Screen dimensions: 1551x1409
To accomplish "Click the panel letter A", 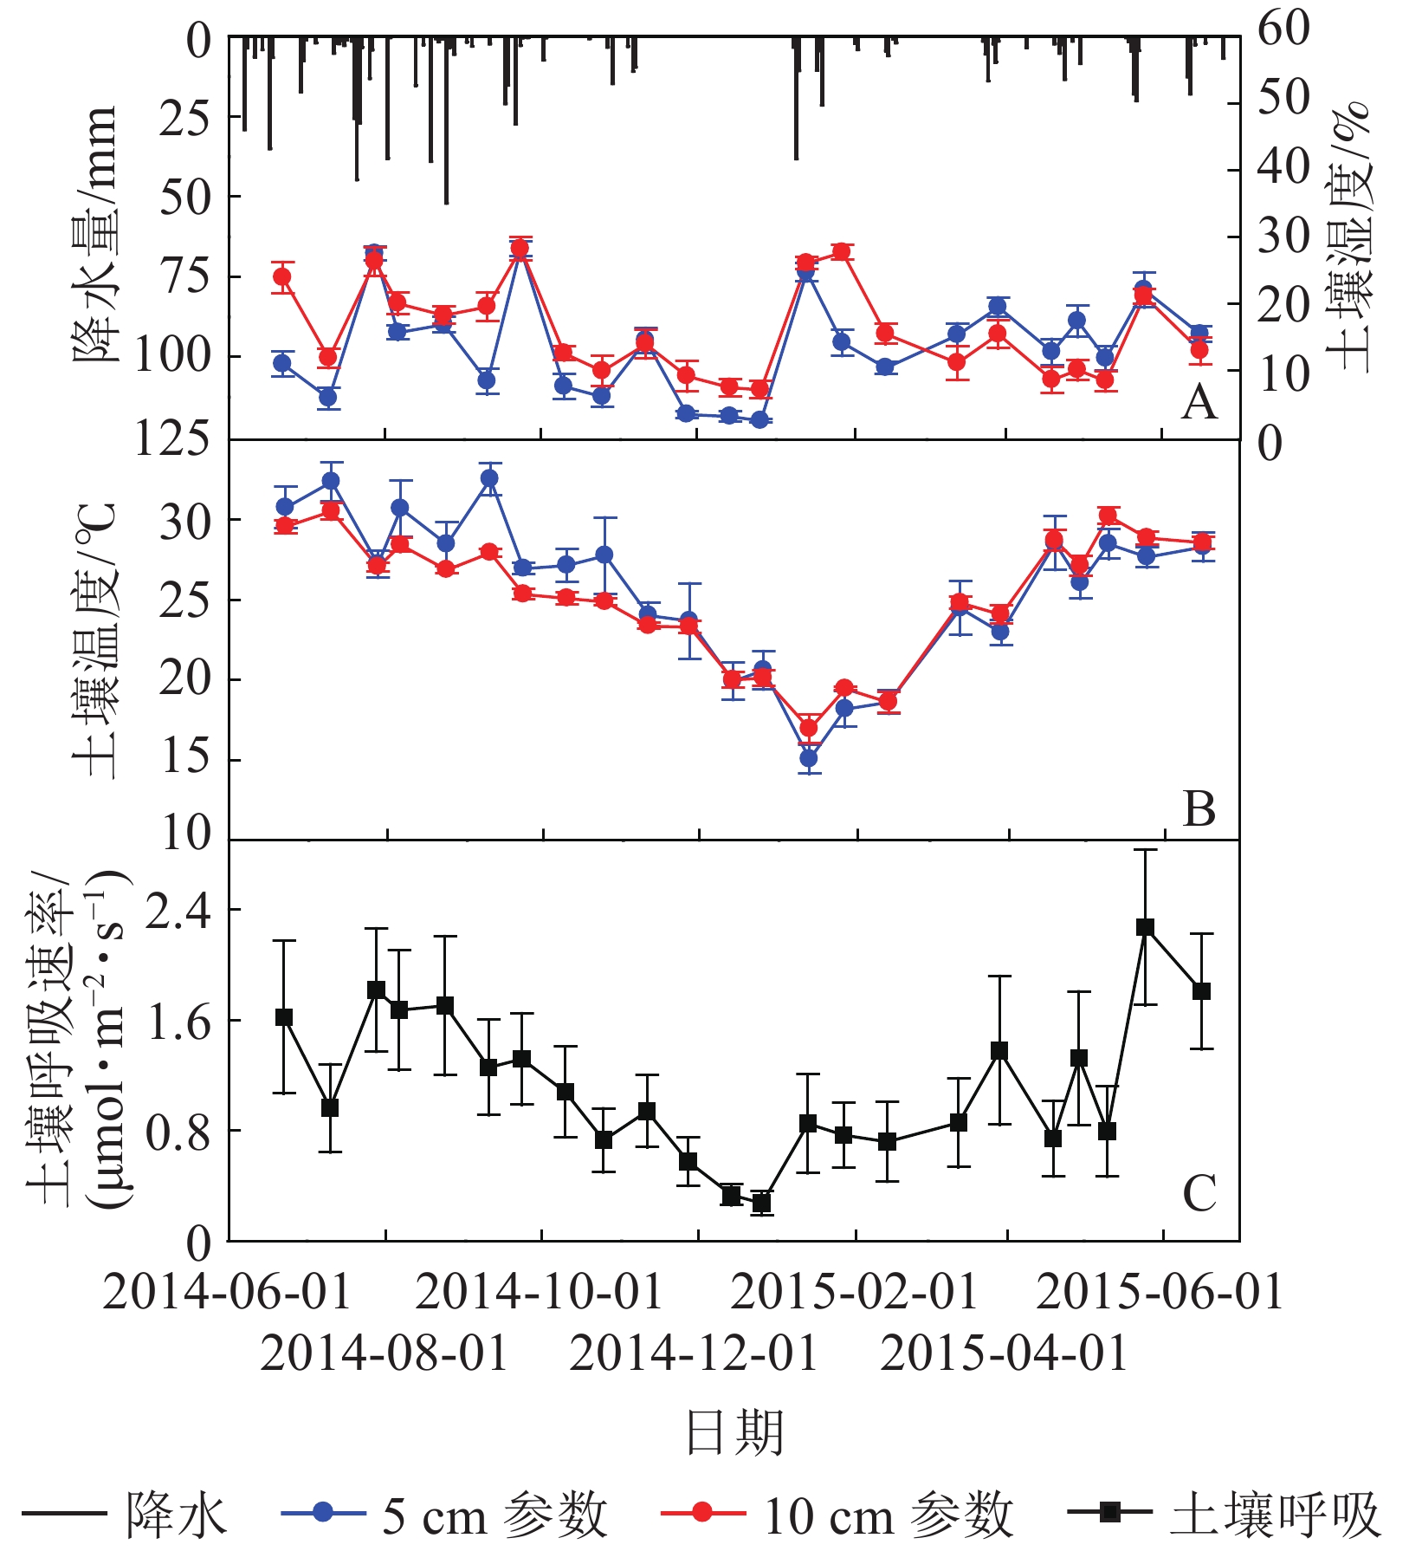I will [1199, 402].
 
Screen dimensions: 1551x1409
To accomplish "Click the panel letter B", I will [1199, 809].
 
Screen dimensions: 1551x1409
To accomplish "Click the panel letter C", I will [1199, 1194].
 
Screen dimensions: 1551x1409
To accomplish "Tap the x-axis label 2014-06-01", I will [227, 1293].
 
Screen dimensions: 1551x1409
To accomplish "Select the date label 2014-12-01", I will [694, 1353].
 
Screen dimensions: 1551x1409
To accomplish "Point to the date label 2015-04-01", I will [1005, 1353].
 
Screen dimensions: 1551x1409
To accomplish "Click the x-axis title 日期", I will [734, 1433].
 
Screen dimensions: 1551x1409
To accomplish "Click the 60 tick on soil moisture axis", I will [1283, 29].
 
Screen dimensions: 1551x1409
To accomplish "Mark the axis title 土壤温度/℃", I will [94, 641].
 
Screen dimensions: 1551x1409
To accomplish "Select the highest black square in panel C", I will [1145, 927].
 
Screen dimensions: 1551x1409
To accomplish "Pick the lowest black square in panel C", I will [761, 1203].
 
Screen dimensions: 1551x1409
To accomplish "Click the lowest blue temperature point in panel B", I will [809, 758].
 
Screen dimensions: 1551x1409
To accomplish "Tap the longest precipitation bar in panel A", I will [446, 121].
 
